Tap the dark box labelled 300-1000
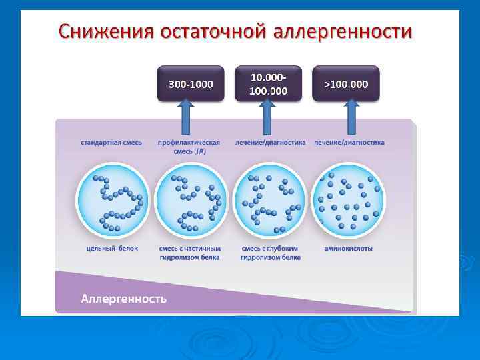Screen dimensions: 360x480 pos(191,84)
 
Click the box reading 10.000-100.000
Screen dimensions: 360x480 pos(268,83)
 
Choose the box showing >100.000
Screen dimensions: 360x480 pos(346,84)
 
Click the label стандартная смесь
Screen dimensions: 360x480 pos(111,143)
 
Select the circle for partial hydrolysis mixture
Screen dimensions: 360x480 pos(191,199)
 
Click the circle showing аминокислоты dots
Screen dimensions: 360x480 pos(348,199)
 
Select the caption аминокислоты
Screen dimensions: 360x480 pos(348,249)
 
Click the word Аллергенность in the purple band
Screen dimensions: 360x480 pos(123,297)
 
